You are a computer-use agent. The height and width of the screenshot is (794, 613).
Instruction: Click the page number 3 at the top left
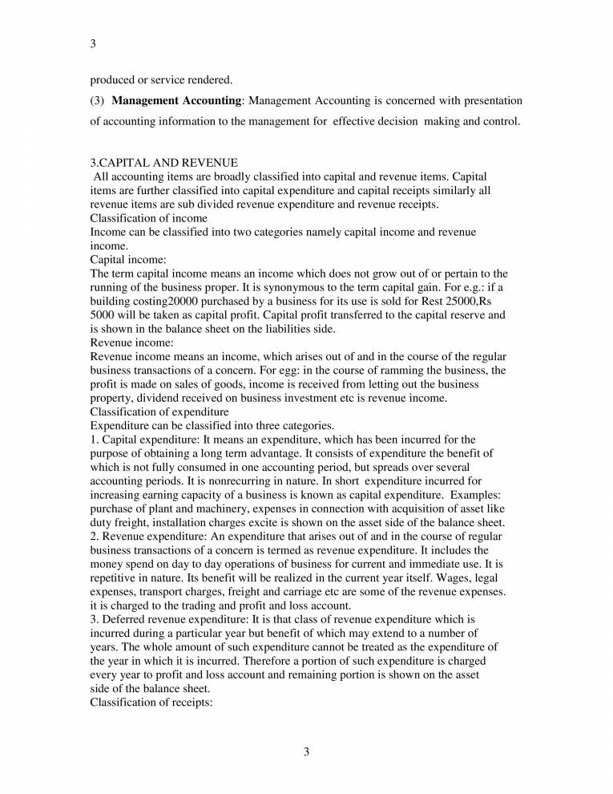click(93, 43)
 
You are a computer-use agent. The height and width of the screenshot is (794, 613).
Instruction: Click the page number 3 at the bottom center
click(306, 751)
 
